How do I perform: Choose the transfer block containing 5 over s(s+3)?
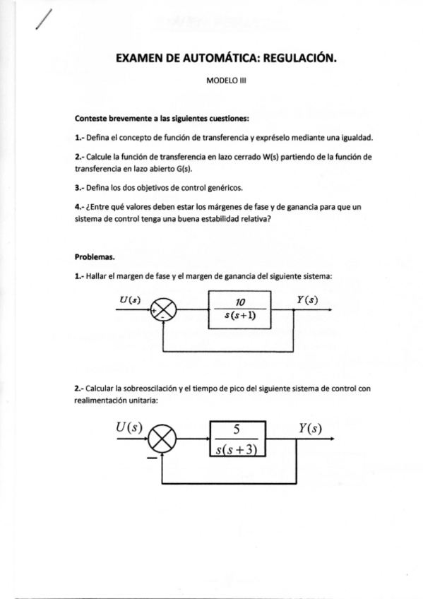pos(237,439)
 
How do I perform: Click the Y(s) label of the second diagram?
pos(310,427)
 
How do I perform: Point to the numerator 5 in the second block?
pos(237,429)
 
